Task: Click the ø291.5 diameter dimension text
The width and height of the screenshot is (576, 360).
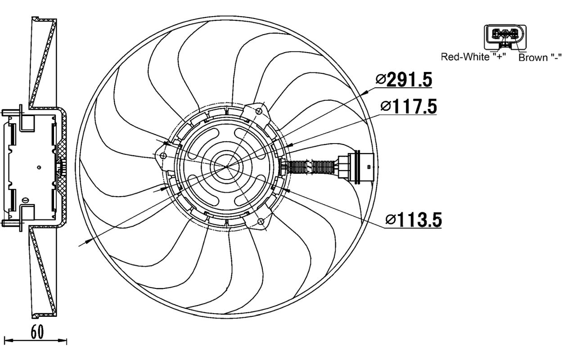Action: (404, 80)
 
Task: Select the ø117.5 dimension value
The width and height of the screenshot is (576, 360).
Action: (408, 107)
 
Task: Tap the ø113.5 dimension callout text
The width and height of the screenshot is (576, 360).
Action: (414, 220)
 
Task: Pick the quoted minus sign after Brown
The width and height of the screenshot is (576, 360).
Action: (556, 58)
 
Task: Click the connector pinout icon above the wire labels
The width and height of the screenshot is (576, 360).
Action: (504, 36)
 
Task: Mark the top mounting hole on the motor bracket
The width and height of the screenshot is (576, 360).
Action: (259, 111)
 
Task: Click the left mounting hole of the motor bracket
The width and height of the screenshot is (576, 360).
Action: (163, 156)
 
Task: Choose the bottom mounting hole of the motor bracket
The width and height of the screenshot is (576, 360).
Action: (260, 221)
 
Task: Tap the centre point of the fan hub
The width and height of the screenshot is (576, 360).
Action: (227, 166)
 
